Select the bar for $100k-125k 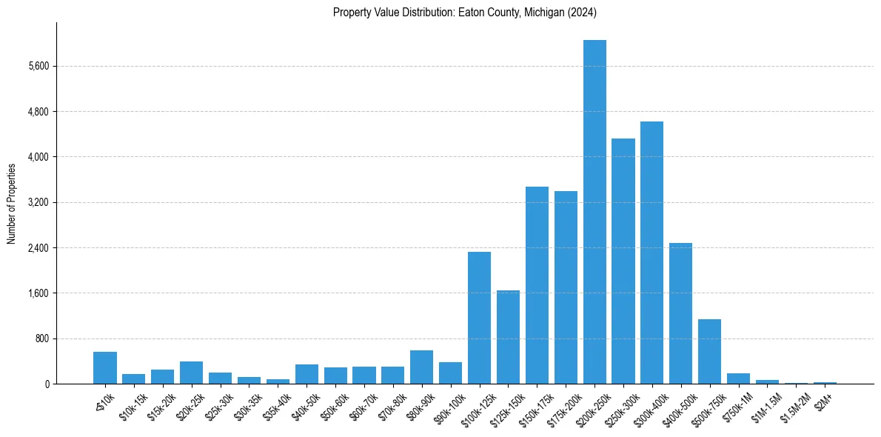pyautogui.click(x=479, y=318)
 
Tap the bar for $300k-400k pyautogui.click(x=651, y=253)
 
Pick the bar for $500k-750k pyautogui.click(x=709, y=352)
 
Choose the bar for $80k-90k pyautogui.click(x=421, y=367)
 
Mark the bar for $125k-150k pyautogui.click(x=508, y=337)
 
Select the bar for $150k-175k pyautogui.click(x=537, y=285)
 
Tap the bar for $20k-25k pyautogui.click(x=191, y=373)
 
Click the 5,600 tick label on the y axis pyautogui.click(x=38, y=67)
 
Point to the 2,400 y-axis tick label pyautogui.click(x=38, y=248)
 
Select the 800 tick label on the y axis pyautogui.click(x=41, y=339)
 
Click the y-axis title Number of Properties pyautogui.click(x=11, y=203)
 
